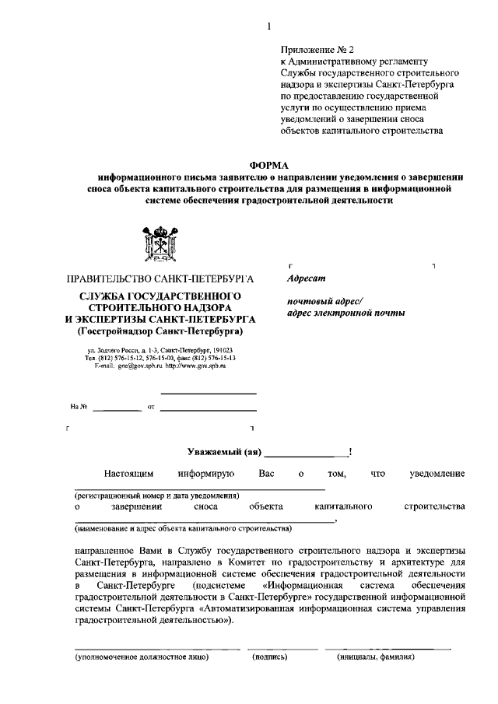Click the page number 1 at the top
click(268, 26)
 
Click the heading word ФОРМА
click(268, 164)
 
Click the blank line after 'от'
click(208, 408)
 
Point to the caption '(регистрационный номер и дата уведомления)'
click(156, 496)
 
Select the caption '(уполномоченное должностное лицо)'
click(142, 657)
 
